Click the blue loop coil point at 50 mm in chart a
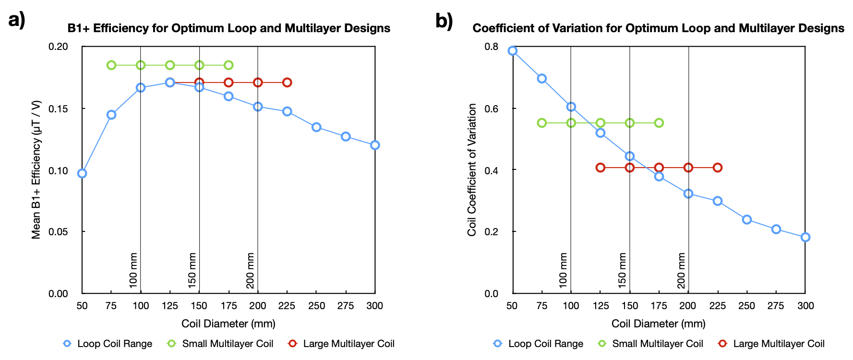(82, 173)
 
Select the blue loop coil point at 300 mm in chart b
(805, 237)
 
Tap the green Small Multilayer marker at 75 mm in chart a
(111, 65)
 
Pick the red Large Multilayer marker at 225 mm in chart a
(287, 83)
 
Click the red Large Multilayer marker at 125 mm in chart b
(601, 168)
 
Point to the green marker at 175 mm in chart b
(659, 123)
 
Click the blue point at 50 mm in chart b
(513, 51)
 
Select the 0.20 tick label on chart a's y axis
(59, 47)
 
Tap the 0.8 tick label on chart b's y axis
(492, 47)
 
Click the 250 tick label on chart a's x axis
(316, 306)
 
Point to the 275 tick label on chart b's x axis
(776, 306)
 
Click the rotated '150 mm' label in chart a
(192, 271)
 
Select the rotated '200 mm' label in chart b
(682, 271)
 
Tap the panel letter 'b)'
(444, 21)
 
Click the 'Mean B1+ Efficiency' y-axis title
(36, 169)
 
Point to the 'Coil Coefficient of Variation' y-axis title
(472, 169)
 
